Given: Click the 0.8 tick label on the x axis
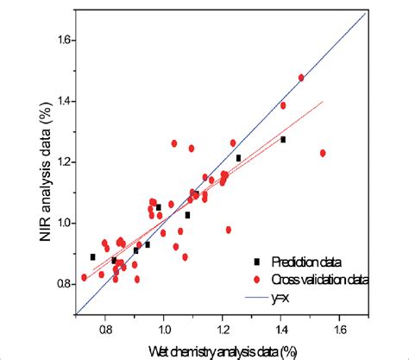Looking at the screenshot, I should click(x=104, y=329).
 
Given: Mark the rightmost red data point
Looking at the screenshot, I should click(x=323, y=153).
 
